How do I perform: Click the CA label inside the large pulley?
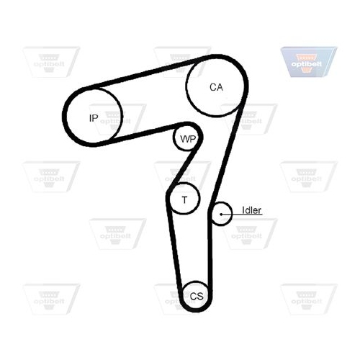(216, 87)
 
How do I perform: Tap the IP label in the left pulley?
(94, 118)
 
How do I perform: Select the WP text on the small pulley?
(188, 139)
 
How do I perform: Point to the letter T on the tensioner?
(184, 199)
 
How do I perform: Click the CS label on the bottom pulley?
(197, 297)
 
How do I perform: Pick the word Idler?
(251, 210)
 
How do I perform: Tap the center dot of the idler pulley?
(221, 214)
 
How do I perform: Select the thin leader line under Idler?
(242, 215)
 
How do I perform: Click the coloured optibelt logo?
(309, 62)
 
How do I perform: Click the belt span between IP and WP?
(144, 134)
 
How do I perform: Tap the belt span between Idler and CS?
(210, 254)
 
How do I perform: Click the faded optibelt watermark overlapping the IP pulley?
(117, 120)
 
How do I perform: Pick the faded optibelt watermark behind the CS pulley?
(181, 299)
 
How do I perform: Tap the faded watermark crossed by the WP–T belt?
(182, 176)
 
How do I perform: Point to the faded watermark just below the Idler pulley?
(248, 234)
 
